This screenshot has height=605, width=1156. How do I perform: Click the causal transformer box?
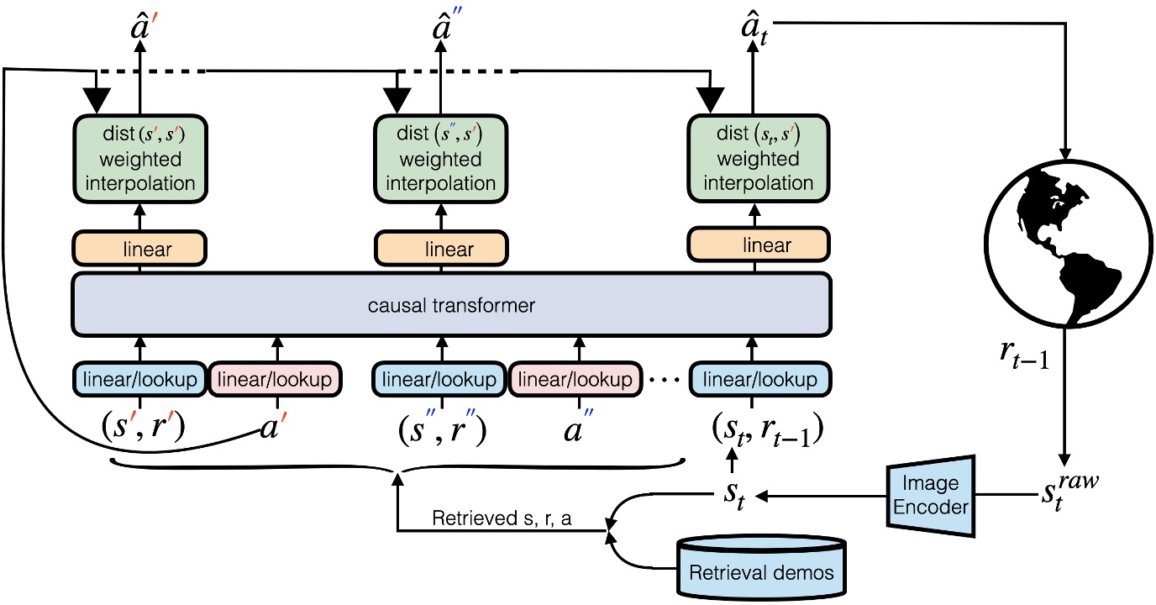point(451,305)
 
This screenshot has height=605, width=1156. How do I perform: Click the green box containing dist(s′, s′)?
point(139,158)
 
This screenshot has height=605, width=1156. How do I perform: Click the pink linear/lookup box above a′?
point(275,380)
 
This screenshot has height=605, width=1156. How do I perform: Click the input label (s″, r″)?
point(442,430)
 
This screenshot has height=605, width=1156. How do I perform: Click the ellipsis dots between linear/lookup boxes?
point(663,381)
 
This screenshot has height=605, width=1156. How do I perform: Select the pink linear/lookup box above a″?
point(576,380)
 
